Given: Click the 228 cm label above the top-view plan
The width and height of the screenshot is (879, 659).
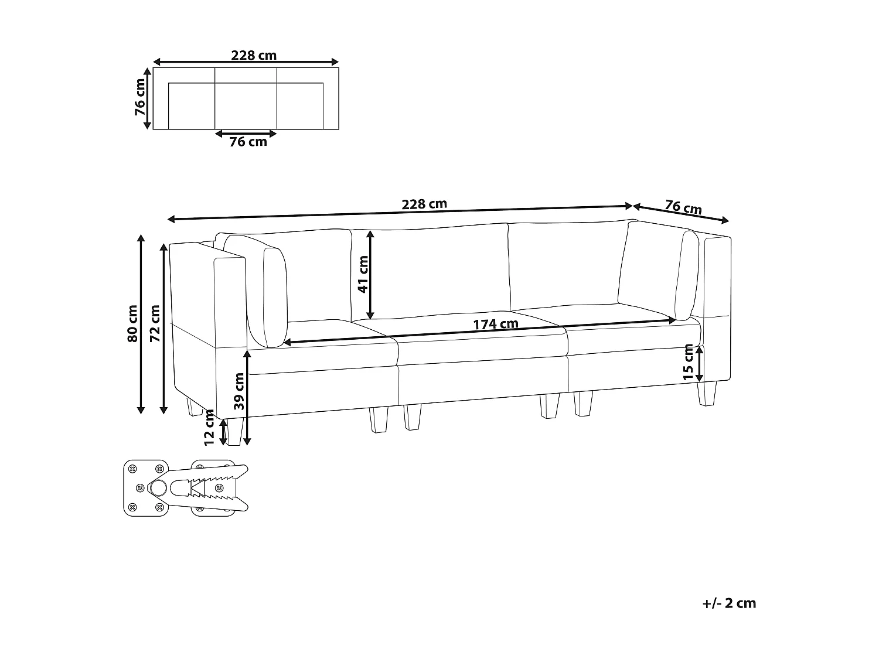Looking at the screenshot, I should pos(253,56).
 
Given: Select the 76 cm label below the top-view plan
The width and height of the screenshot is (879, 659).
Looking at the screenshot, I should pos(248,142).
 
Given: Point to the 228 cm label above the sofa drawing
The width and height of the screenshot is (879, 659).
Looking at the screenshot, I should pos(424,204).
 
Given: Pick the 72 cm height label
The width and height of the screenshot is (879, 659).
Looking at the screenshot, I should pos(155,323).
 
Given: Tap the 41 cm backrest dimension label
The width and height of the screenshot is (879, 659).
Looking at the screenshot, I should pos(363,275).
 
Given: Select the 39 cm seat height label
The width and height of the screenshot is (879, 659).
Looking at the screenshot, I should pos(239,391).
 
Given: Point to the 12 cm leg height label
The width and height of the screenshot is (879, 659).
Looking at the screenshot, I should pos(209,428).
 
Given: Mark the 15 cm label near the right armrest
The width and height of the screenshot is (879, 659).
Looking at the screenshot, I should pos(688,361).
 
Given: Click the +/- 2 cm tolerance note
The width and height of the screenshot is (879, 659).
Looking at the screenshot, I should pos(729,603).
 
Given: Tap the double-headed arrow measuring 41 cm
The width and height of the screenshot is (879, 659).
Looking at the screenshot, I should pos(370,275).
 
